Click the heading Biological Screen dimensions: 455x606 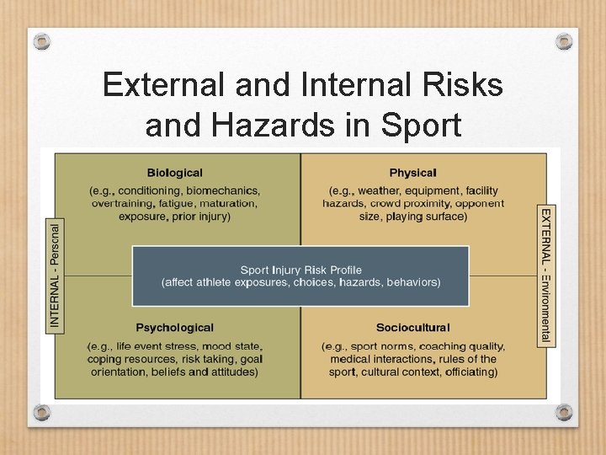174,174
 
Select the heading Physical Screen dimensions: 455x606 412,174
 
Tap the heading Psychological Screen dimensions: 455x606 174,328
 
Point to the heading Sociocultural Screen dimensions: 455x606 412,328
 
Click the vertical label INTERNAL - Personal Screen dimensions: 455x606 56,274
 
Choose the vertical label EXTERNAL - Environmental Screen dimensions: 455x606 546,275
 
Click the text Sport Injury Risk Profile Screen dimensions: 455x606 300,270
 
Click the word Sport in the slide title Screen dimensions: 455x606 421,125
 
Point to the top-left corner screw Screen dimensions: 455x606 42,41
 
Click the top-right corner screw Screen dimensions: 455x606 564,41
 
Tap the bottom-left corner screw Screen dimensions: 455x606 42,412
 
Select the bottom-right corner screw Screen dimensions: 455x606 564,412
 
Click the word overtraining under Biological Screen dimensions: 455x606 122,204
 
